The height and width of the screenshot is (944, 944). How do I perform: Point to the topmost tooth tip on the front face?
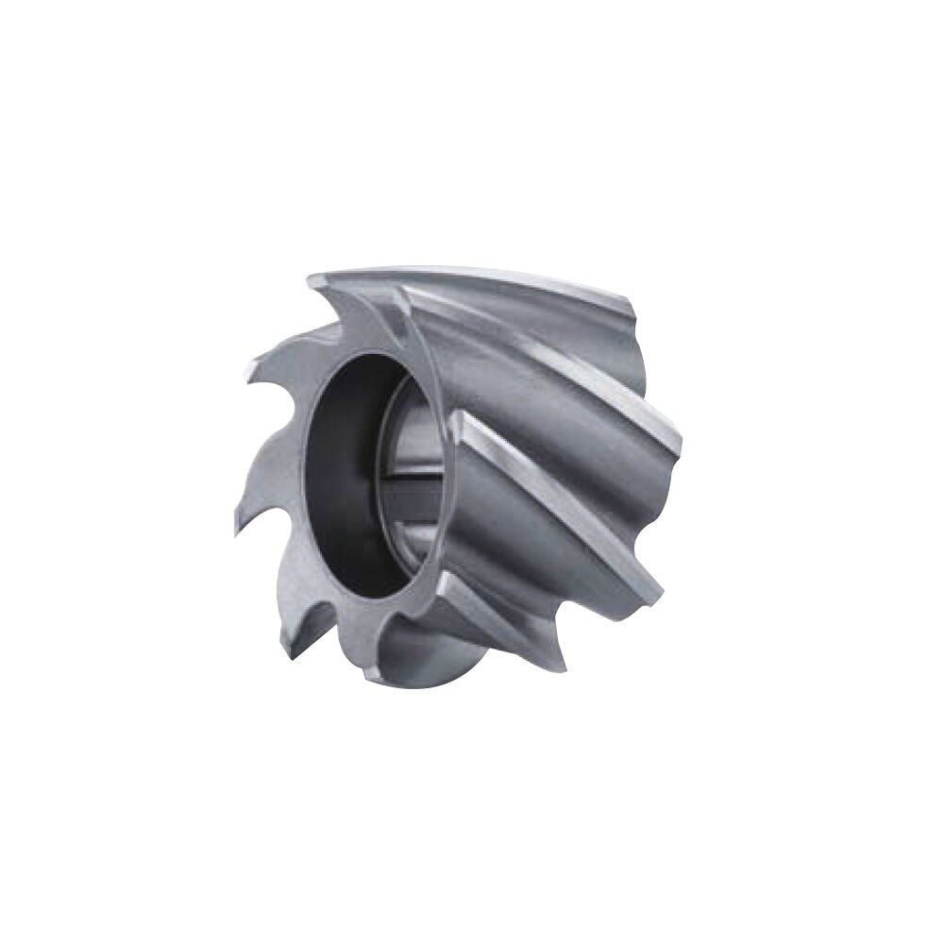311,277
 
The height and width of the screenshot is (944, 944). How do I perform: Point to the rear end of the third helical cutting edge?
661,590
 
